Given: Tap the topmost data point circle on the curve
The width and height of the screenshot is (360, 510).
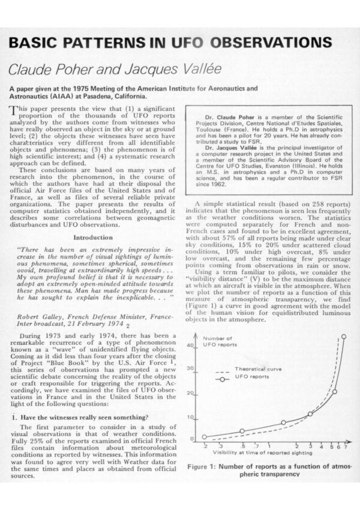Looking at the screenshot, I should click(344, 337).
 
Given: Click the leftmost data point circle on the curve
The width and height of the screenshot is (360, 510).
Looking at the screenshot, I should click(204, 437).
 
